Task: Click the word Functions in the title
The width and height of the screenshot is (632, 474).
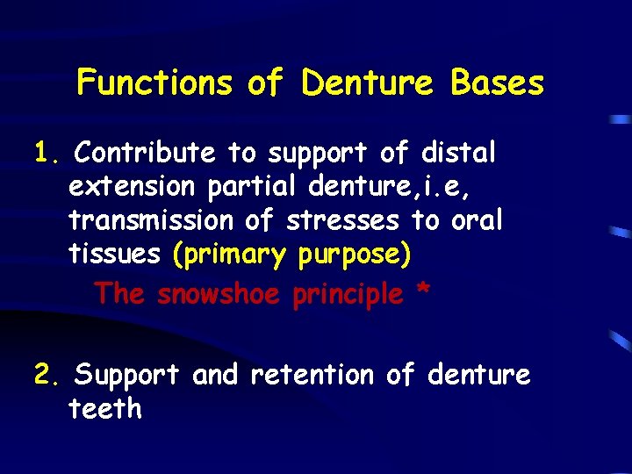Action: (154, 83)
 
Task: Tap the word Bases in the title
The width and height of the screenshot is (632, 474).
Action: (497, 83)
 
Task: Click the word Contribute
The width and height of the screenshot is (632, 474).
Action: (145, 154)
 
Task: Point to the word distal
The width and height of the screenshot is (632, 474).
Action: (458, 154)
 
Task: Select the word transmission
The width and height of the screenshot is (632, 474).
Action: (152, 220)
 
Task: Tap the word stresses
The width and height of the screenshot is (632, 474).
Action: (347, 220)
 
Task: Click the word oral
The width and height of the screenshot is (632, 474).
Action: (477, 220)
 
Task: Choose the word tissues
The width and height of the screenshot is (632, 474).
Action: (115, 254)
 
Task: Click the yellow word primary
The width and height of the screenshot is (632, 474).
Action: (233, 255)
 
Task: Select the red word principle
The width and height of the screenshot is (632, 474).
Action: (348, 294)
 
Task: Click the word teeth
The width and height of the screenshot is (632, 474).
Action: (104, 409)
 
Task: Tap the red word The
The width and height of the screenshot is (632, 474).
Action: (119, 293)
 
